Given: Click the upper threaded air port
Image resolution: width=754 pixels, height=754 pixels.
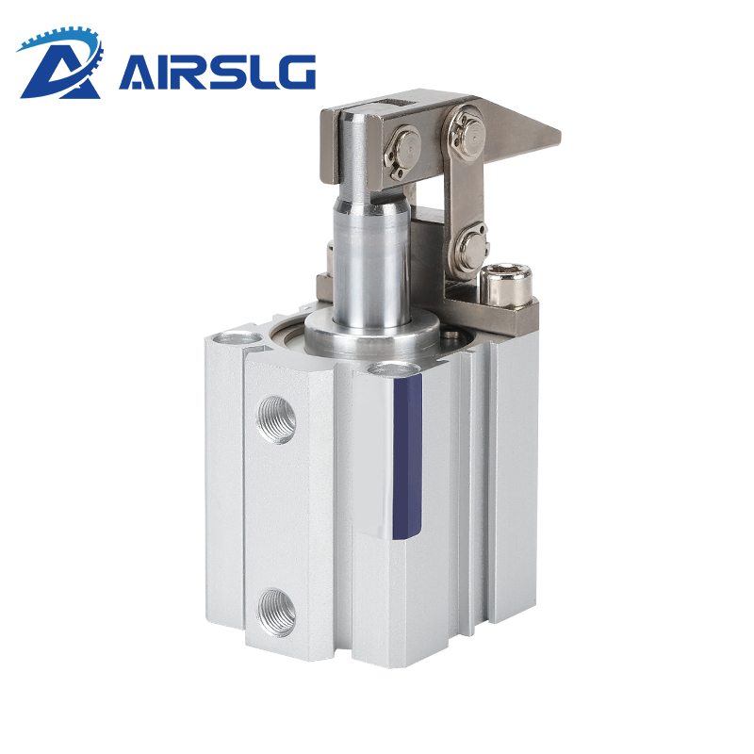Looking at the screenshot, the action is click(x=276, y=419).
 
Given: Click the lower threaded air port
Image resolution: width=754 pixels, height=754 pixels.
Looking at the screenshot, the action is click(x=276, y=613).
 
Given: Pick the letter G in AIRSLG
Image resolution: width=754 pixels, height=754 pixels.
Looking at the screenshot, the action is click(x=293, y=73).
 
